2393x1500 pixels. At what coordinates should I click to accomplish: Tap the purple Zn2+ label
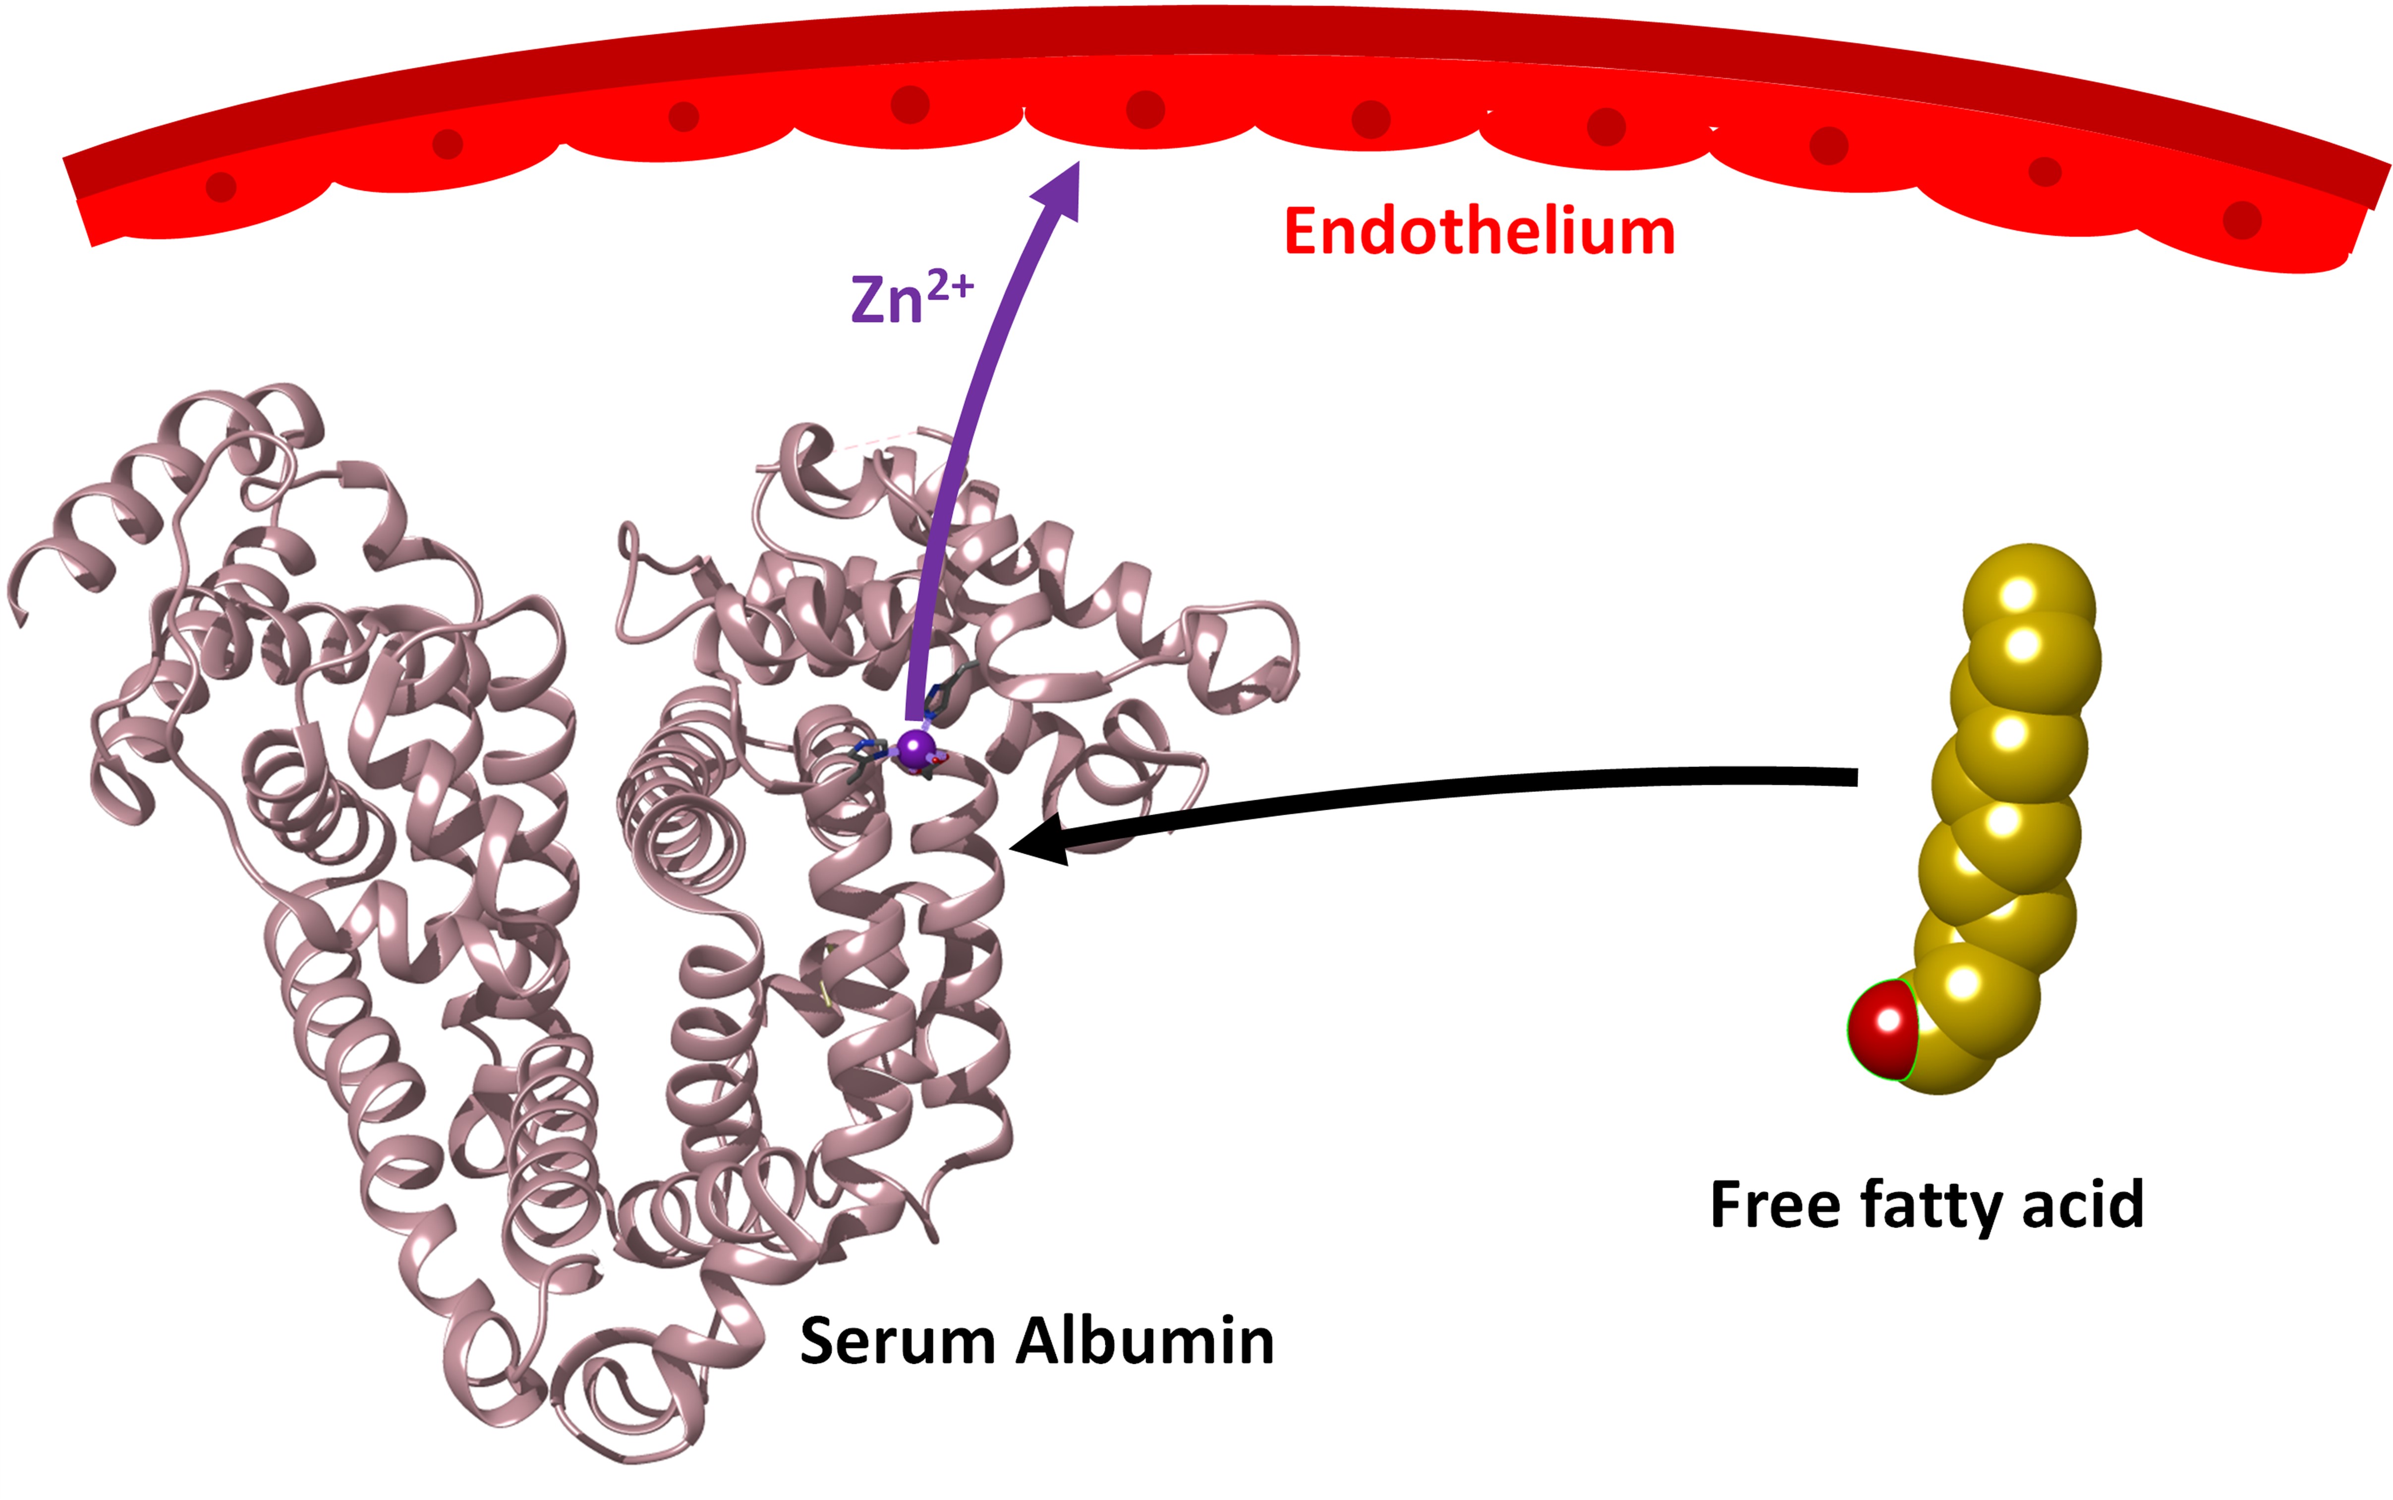(911, 298)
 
